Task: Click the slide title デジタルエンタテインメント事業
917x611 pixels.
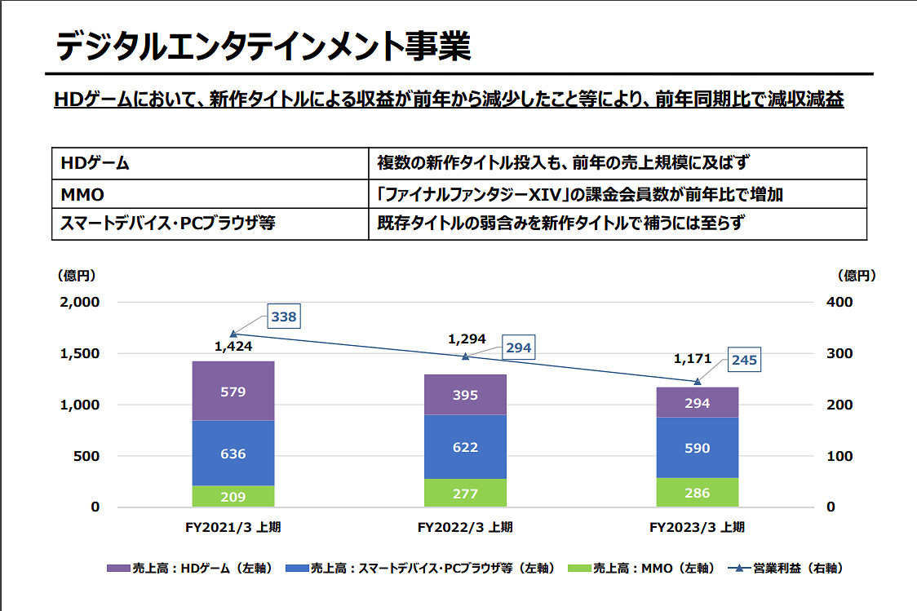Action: (263, 46)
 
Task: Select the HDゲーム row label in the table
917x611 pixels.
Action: (95, 162)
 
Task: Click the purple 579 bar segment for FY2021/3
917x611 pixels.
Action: (233, 392)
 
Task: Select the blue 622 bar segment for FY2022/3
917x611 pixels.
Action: (465, 447)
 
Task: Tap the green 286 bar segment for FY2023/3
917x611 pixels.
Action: (697, 493)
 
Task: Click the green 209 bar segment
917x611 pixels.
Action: (233, 496)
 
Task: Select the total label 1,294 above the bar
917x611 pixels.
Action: (467, 338)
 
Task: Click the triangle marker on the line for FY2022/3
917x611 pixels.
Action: (466, 356)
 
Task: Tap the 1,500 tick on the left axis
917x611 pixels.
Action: (82, 353)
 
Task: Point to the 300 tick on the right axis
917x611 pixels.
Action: (840, 353)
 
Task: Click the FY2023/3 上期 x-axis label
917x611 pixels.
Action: (697, 528)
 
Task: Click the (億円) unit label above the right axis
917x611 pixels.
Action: (857, 276)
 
